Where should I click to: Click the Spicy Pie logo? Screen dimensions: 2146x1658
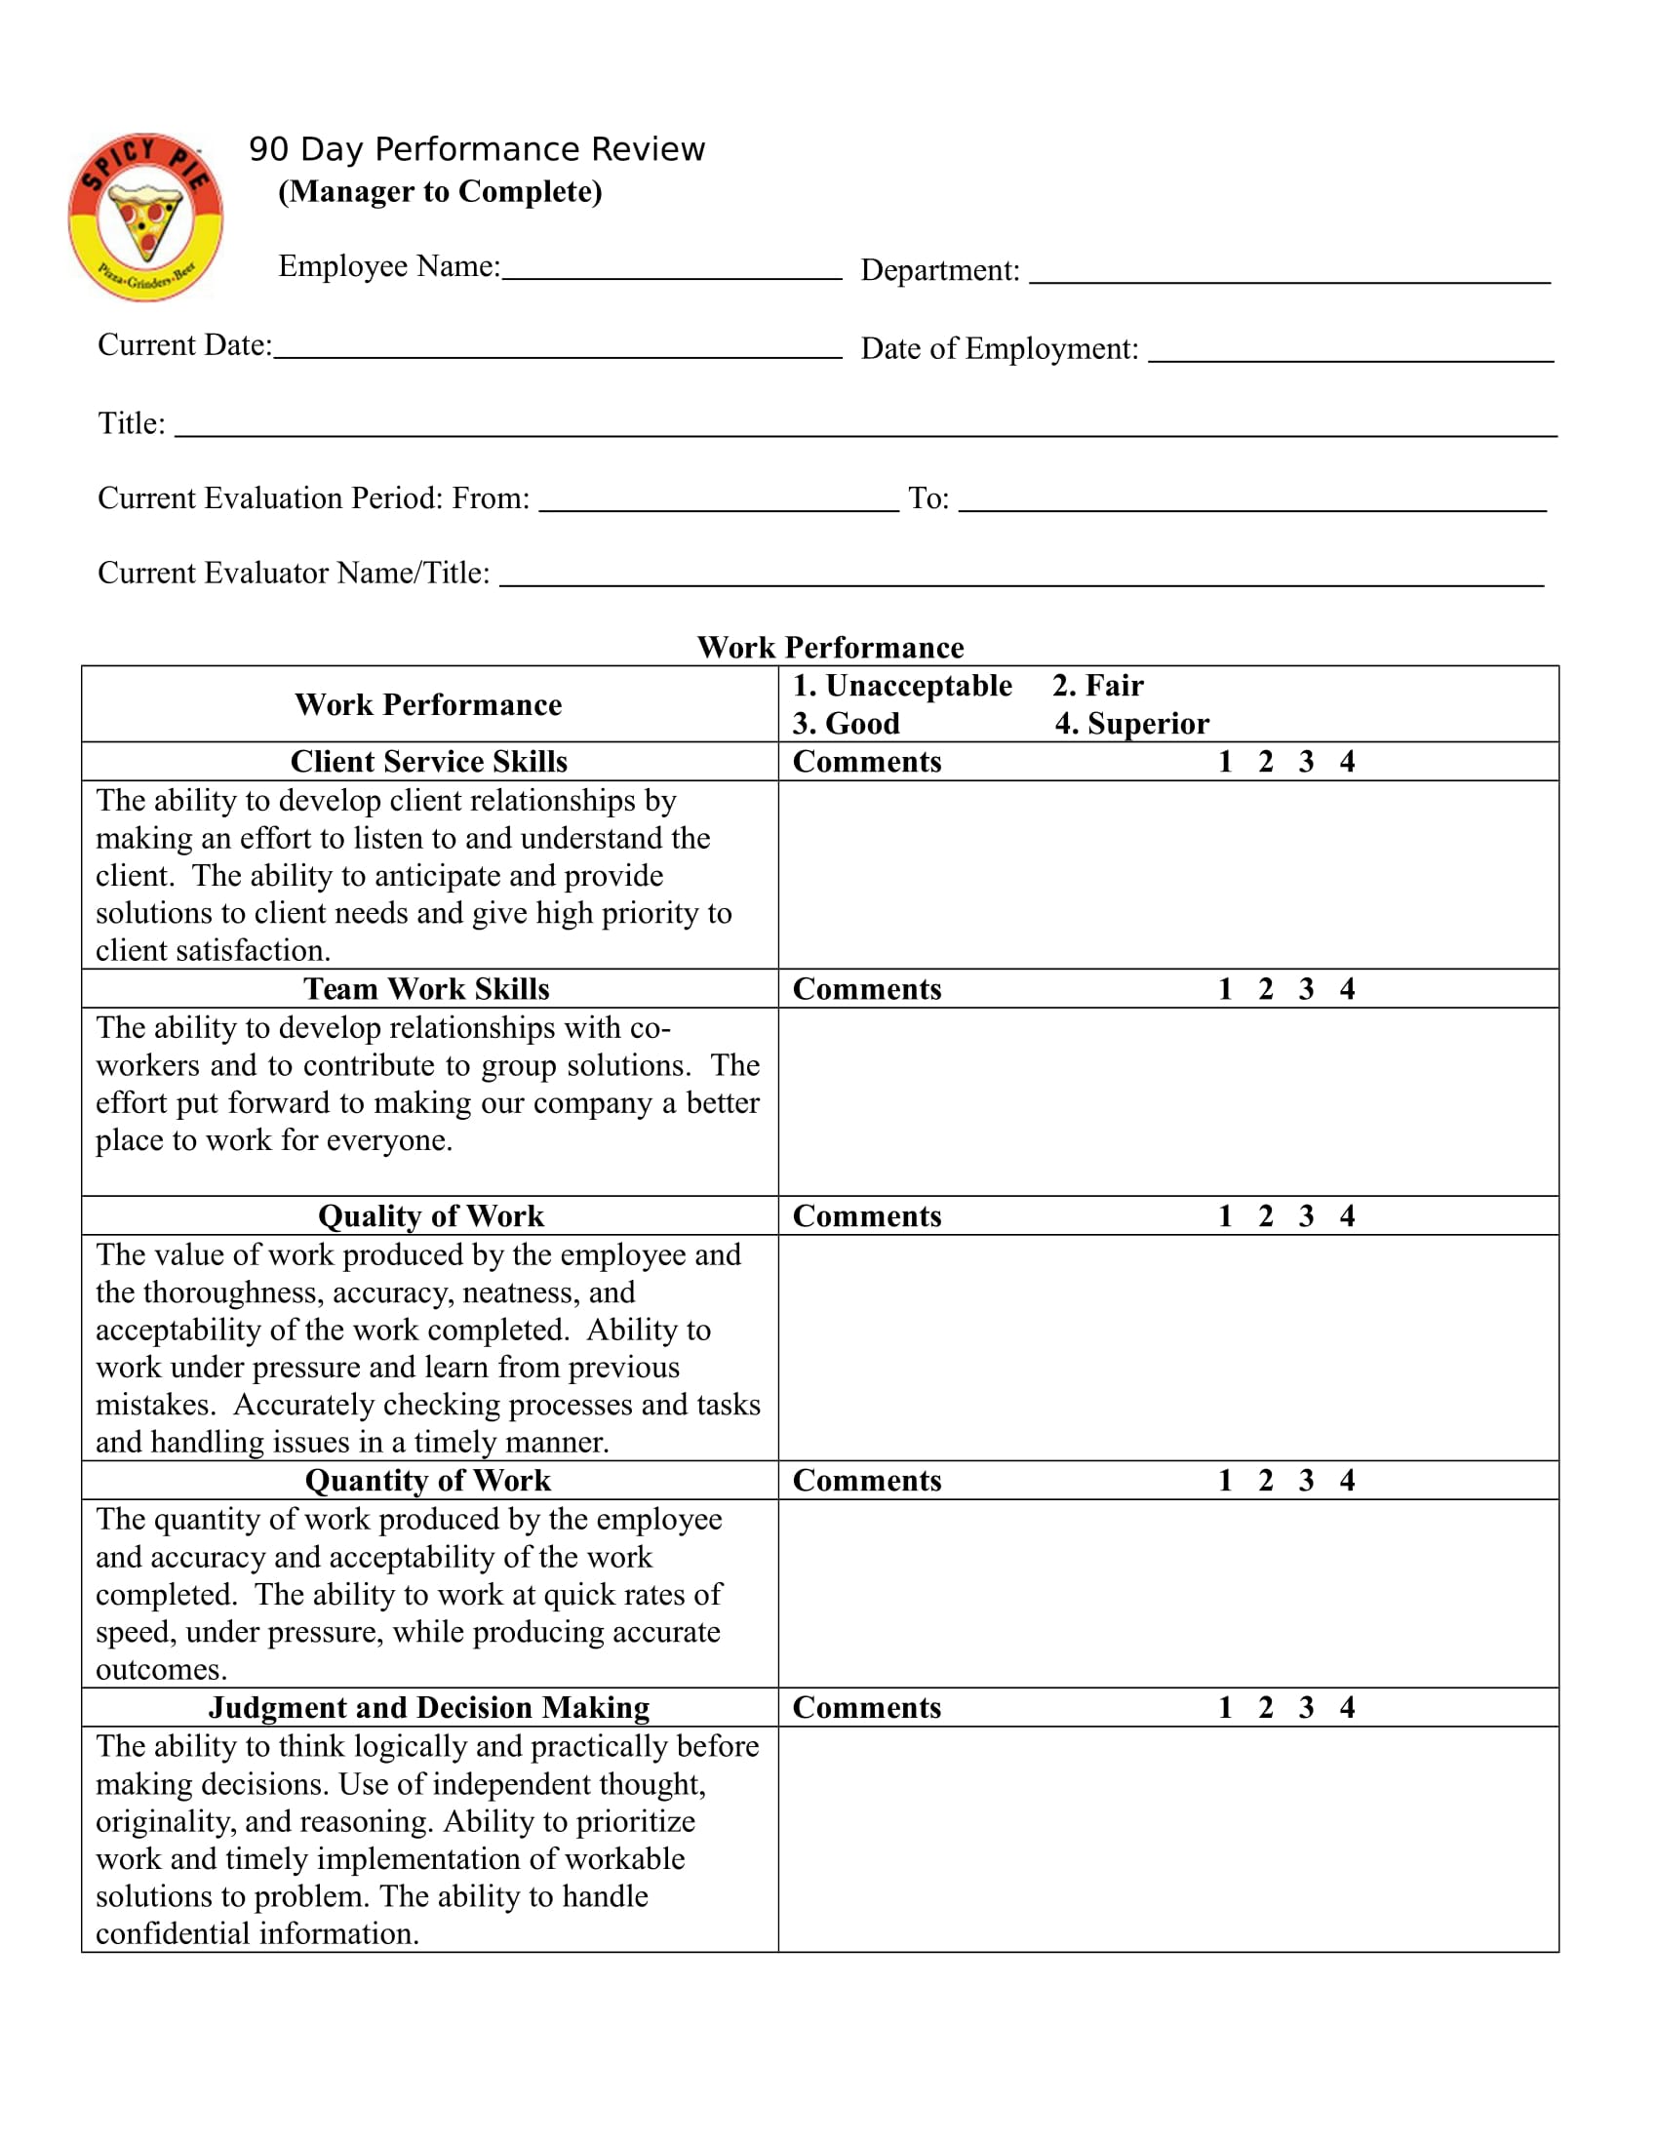pos(145,218)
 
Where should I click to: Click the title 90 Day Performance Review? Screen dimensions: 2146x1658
pos(476,149)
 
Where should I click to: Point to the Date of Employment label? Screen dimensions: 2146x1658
pos(999,349)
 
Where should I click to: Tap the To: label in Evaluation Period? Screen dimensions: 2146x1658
pos(928,499)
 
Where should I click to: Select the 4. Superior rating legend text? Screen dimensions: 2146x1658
pos(1131,723)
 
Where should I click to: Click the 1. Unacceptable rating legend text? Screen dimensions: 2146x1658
pos(902,685)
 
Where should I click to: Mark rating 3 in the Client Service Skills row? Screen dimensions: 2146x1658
pos(1305,762)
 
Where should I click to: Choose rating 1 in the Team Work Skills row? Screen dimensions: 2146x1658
pos(1225,988)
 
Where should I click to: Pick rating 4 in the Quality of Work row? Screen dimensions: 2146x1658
pos(1347,1215)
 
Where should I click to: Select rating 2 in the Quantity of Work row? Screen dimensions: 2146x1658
pos(1265,1480)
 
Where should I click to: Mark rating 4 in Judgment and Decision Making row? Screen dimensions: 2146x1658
pos(1347,1707)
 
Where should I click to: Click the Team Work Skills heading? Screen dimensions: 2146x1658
pos(426,988)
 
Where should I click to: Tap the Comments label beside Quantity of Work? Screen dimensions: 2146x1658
pos(866,1480)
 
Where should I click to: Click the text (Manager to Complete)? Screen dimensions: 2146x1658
pos(440,191)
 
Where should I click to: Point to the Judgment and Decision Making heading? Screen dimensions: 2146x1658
pos(428,1707)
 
